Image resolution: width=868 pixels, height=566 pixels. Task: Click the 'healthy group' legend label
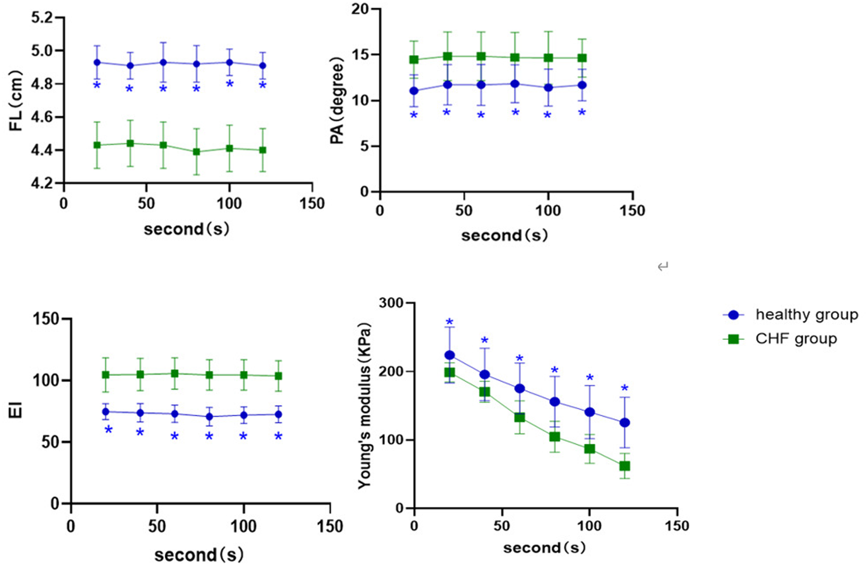pos(806,315)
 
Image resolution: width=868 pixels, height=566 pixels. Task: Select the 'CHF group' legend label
pos(796,339)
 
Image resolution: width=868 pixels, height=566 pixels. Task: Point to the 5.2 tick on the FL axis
pos(42,18)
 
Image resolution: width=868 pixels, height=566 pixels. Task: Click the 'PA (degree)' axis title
pos(337,100)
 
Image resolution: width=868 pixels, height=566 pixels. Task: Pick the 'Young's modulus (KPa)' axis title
pos(364,406)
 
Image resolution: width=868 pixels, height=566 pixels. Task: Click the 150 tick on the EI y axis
pos(46,319)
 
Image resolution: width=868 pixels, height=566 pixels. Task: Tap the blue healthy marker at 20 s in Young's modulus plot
pos(449,355)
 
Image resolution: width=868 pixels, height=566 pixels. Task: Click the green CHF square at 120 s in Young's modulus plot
pos(625,466)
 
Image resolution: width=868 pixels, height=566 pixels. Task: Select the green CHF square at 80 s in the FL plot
pos(196,152)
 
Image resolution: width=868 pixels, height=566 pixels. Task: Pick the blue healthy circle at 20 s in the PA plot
pos(414,91)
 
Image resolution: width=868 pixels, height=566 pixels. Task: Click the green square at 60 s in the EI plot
pos(174,374)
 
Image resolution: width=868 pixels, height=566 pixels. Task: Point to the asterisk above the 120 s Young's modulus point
pos(625,388)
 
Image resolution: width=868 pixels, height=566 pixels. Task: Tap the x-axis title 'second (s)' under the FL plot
pos(187,229)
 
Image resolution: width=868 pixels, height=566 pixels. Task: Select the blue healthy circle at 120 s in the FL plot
pos(262,65)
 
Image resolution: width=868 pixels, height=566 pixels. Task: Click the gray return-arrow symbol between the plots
pos(663,266)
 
